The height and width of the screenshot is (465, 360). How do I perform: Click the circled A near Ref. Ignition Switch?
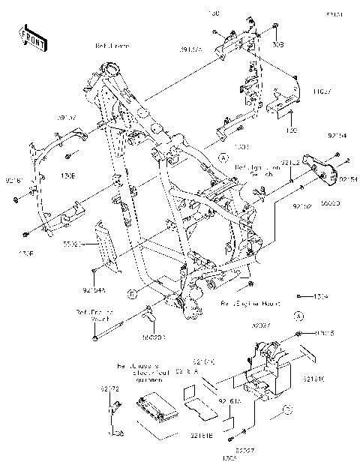click(x=223, y=157)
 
